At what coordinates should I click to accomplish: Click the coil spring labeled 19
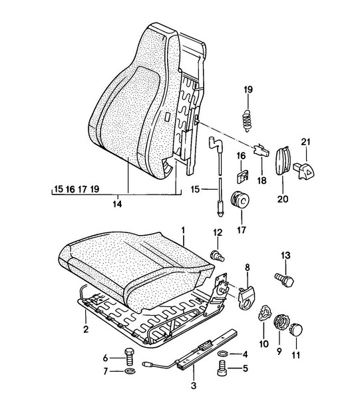pos(248,121)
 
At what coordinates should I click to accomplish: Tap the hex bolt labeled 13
pos(284,280)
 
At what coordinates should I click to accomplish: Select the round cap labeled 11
pos(296,329)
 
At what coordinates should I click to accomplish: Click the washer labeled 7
pos(130,371)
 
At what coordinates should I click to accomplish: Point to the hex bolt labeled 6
pos(130,356)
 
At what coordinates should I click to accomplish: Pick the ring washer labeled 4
pos(224,353)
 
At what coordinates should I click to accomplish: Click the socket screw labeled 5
pos(222,368)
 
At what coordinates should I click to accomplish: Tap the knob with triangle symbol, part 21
pos(304,171)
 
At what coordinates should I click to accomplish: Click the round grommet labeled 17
pos(240,199)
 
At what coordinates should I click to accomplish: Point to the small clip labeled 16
pos(242,176)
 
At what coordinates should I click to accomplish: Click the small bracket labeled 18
pos(262,151)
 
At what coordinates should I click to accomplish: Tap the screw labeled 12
pos(218,256)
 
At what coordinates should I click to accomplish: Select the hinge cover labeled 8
pos(246,298)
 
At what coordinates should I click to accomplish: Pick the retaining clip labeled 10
pos(264,312)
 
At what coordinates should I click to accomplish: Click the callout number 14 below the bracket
pos(117,204)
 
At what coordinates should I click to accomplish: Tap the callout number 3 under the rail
pos(194,386)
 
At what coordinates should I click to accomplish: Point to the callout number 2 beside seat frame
pos(86,330)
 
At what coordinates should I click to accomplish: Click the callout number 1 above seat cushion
pos(182,230)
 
